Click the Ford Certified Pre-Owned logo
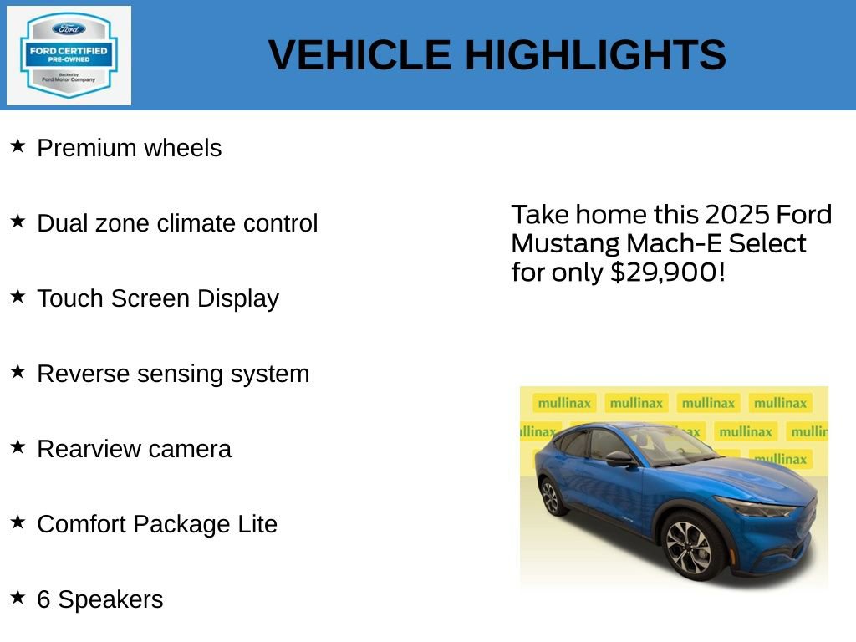pos(69,56)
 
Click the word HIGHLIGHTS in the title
pos(595,56)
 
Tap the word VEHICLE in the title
pos(359,56)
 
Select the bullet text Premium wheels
pos(130,148)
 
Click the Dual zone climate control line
pos(177,223)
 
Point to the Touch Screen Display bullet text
pos(158,298)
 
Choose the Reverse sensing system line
pos(173,374)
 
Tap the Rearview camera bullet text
pos(134,449)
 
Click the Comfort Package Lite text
pos(157,524)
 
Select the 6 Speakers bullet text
pos(100,599)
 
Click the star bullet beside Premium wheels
pos(18,146)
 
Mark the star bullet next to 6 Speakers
pos(18,598)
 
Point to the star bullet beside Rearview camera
pos(18,447)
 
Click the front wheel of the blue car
pos(689,547)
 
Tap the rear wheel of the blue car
pos(550,497)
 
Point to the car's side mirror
pos(619,458)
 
